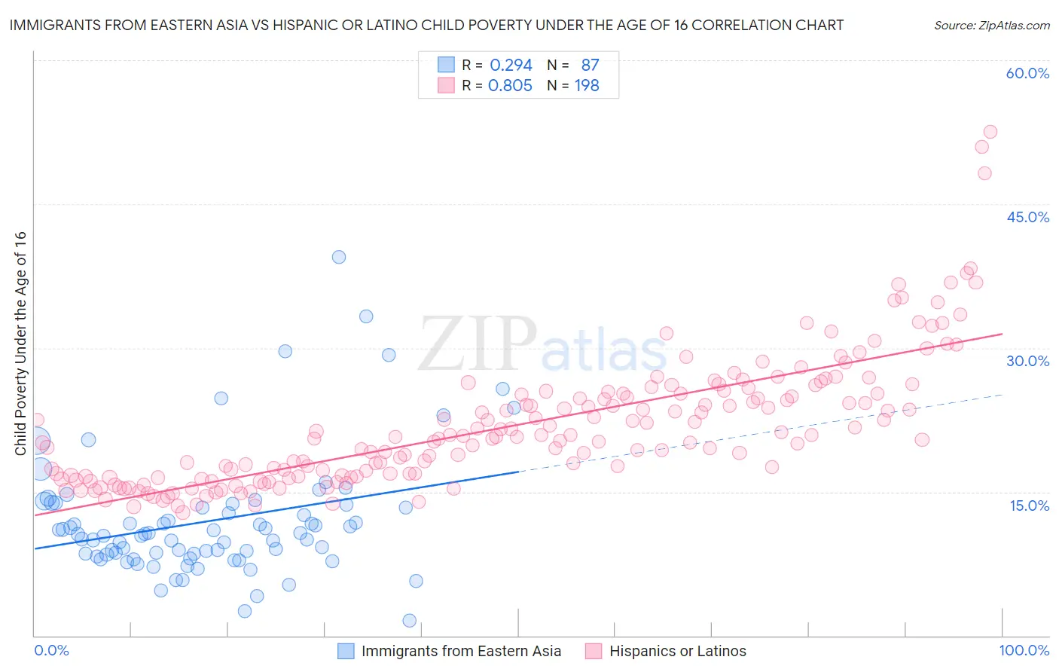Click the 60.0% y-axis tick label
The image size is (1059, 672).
coord(1027,73)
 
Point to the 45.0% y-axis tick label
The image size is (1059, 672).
coord(1027,217)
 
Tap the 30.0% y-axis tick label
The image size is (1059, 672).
coord(1027,361)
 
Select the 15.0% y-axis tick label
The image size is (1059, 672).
coord(1029,506)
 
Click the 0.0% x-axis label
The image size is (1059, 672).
coord(51,651)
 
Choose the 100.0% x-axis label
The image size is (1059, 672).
coord(1024,651)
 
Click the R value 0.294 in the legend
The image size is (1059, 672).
coord(511,66)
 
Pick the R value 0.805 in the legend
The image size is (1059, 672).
coord(510,86)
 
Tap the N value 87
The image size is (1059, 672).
coord(590,66)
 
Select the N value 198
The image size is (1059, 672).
coord(587,86)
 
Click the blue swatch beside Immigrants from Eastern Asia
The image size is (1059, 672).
coord(346,652)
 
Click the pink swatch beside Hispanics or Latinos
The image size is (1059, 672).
coord(594,652)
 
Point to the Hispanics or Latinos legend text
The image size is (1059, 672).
coord(677,652)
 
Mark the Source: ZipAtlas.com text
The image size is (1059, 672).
coord(991,26)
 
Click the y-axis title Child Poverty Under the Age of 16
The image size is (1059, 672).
coord(21,344)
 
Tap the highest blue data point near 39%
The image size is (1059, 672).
coord(339,257)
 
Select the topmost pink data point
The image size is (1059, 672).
coord(990,132)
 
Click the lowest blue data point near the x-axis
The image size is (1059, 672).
coord(410,621)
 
